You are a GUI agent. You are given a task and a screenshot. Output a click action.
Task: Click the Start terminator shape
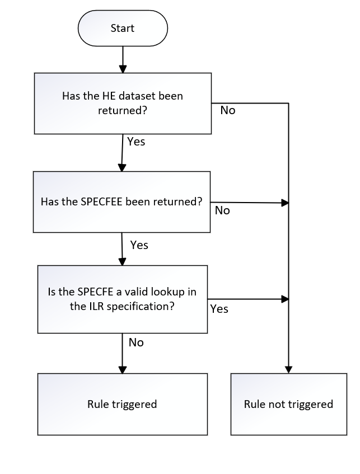(x=123, y=29)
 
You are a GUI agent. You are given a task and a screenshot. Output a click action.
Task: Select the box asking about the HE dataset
(x=123, y=104)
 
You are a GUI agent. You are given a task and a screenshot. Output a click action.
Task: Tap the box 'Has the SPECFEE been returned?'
(x=121, y=201)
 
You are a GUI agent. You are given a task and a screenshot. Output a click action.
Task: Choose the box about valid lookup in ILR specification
(x=121, y=299)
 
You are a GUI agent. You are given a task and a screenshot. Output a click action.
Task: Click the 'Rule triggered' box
(x=122, y=404)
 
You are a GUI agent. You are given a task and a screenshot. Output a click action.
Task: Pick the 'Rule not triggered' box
(x=288, y=404)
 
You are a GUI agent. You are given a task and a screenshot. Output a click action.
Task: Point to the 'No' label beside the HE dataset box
(x=228, y=110)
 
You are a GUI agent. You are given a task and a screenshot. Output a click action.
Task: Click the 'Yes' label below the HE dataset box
(x=136, y=142)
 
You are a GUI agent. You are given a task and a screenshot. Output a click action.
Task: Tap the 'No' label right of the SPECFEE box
(x=222, y=210)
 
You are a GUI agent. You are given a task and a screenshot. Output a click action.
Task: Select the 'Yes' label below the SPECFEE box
(x=139, y=245)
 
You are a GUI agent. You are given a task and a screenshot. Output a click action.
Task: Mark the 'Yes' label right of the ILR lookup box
(x=219, y=309)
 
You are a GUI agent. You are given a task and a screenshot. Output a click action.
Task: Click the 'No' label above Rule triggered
(x=136, y=342)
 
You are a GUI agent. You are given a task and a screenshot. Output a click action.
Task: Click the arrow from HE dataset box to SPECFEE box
(x=122, y=153)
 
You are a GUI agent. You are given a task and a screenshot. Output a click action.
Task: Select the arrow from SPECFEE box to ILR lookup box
(x=121, y=248)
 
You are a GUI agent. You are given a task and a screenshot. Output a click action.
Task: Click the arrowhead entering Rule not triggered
(x=288, y=370)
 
